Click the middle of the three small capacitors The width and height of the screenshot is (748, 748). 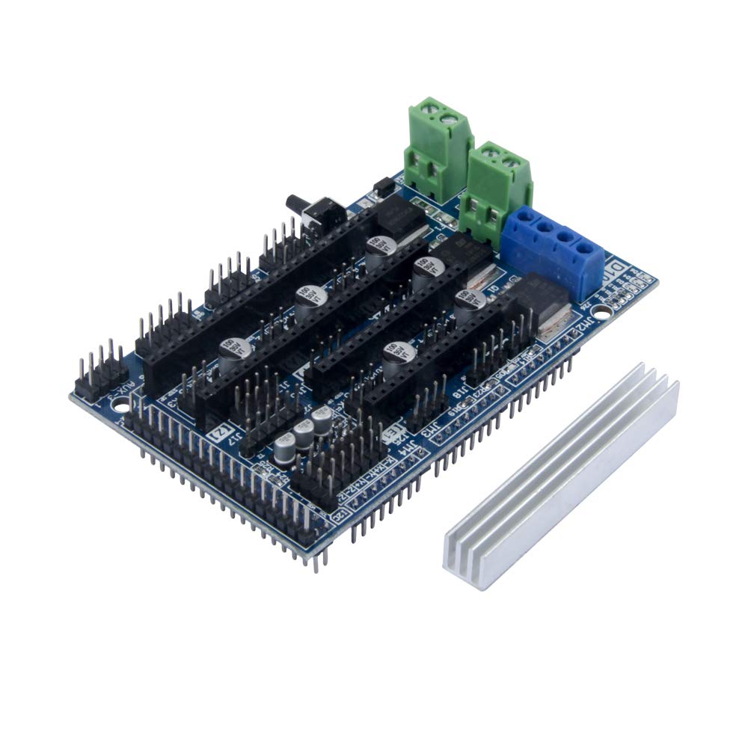(303, 433)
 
